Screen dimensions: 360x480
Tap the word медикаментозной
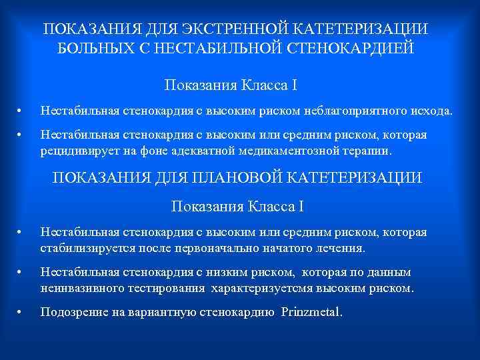click(271, 151)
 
